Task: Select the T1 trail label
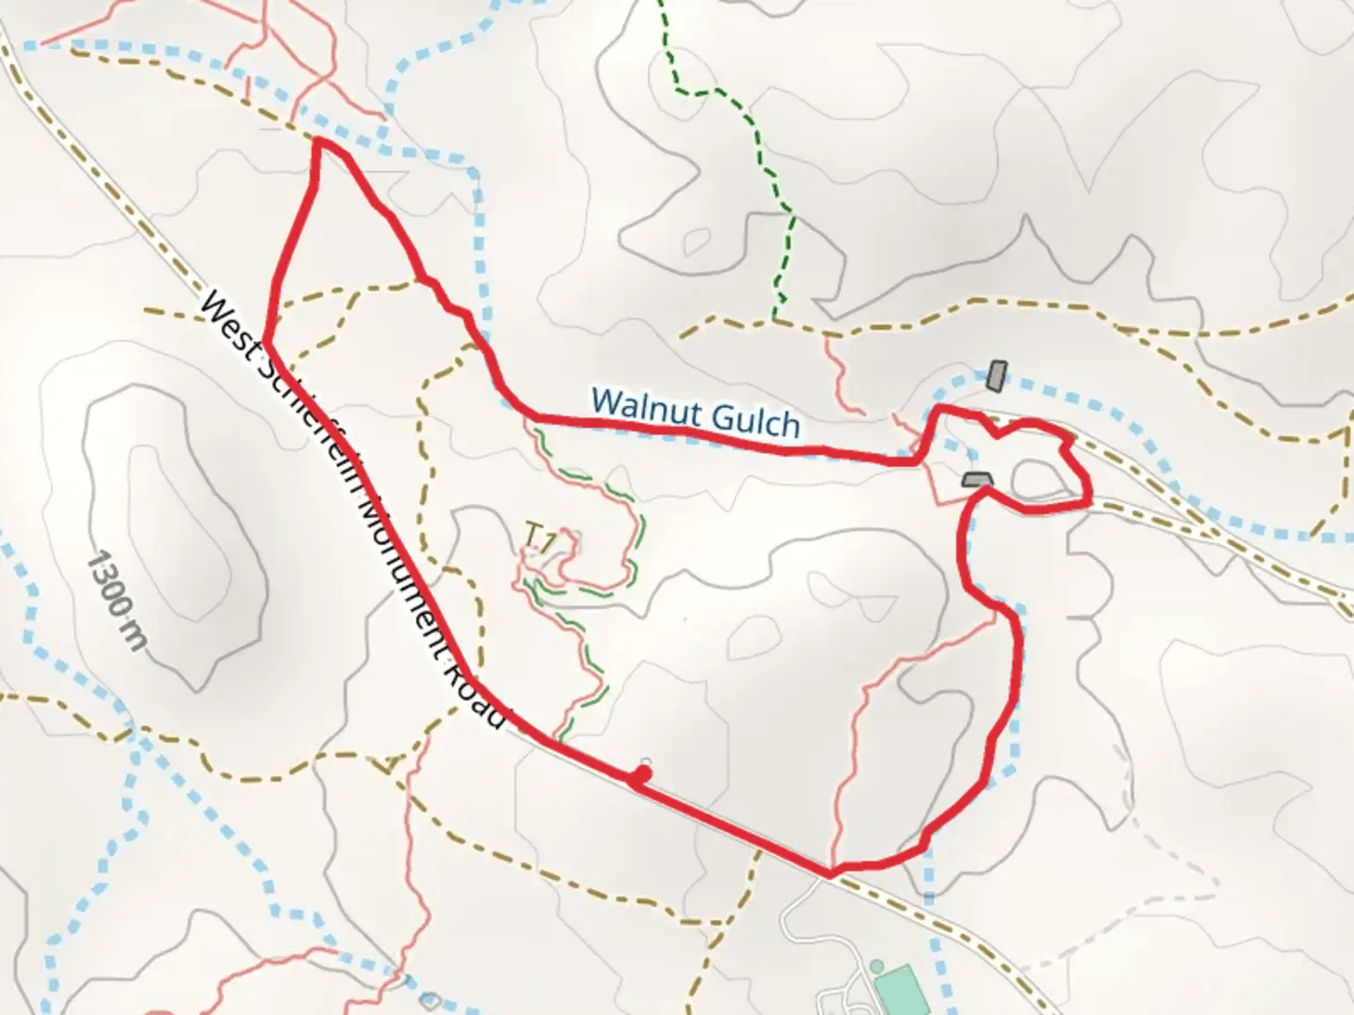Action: [x=540, y=539]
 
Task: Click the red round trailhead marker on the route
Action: [x=642, y=774]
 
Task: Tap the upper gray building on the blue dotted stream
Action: [x=995, y=377]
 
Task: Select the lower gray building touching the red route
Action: [x=978, y=480]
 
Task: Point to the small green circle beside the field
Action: [x=876, y=967]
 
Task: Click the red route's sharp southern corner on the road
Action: [x=828, y=874]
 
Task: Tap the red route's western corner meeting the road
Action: [x=267, y=343]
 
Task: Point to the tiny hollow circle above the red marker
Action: [x=645, y=761]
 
